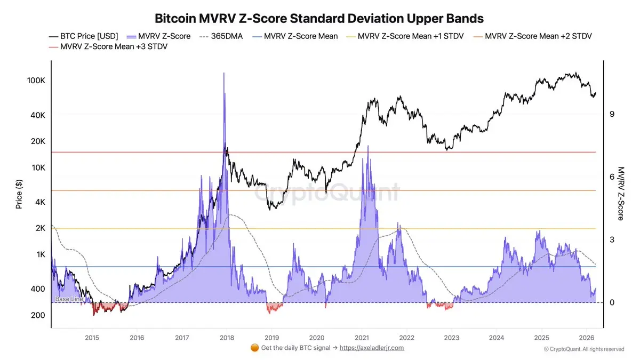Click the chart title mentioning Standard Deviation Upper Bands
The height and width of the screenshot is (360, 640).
pyautogui.click(x=319, y=18)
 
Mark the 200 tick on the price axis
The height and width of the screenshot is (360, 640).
pyautogui.click(x=37, y=315)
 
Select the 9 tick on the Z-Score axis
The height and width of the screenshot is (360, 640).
pyautogui.click(x=612, y=114)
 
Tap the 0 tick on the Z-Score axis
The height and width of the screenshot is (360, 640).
pyautogui.click(x=612, y=302)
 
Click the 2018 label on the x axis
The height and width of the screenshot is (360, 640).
pyautogui.click(x=227, y=338)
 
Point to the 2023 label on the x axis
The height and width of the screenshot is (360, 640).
pyautogui.click(x=452, y=338)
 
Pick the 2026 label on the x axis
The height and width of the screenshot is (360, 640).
pyautogui.click(x=587, y=338)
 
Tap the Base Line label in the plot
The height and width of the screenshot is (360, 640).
pyautogui.click(x=69, y=299)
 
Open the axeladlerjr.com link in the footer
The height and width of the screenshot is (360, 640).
pyautogui.click(x=372, y=348)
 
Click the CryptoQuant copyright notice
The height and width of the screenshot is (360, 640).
pyautogui.click(x=584, y=349)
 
